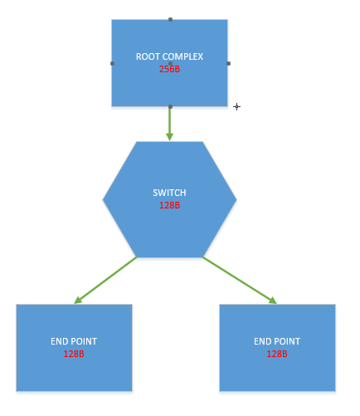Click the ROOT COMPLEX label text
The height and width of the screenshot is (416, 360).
(169, 56)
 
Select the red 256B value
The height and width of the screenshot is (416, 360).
(169, 69)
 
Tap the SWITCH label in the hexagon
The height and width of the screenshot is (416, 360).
(169, 193)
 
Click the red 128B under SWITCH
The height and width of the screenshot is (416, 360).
(169, 205)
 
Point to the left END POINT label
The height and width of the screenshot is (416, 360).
(74, 341)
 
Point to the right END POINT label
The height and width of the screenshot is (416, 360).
(277, 341)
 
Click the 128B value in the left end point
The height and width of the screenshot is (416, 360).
(74, 354)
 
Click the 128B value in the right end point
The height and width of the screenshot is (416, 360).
(277, 354)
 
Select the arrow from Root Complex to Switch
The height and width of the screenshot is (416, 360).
(170, 124)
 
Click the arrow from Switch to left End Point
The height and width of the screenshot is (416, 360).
(105, 281)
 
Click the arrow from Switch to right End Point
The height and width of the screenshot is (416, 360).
(240, 281)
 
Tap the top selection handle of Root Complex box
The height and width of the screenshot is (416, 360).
(170, 20)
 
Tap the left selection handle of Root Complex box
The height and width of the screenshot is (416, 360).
(112, 63)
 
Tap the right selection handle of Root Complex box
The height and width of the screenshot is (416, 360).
(228, 63)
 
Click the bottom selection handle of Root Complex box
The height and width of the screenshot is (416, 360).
(170, 106)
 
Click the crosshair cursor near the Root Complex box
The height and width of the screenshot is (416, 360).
(236, 106)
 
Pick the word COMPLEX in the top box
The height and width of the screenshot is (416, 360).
(182, 56)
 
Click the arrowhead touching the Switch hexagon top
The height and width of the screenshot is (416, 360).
(170, 137)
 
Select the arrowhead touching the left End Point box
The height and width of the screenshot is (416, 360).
(78, 301)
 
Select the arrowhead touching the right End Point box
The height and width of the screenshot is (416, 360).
(273, 301)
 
